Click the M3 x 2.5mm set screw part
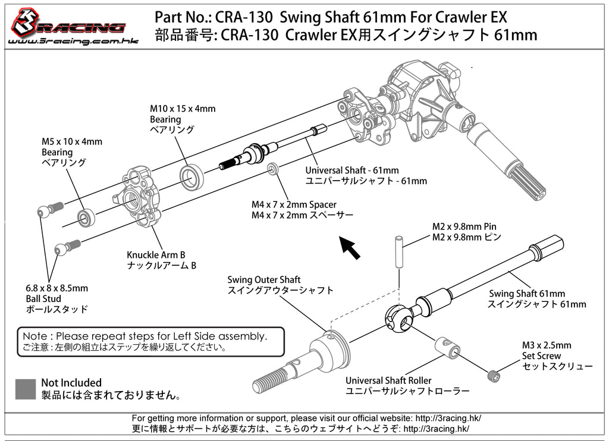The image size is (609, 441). click(492, 376)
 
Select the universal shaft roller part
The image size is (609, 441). click(447, 346)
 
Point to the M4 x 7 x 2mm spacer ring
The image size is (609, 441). click(273, 169)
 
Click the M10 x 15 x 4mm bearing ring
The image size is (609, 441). click(192, 177)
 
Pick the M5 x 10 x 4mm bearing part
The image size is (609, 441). click(87, 216)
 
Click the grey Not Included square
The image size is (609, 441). click(26, 389)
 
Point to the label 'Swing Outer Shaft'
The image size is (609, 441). click(263, 279)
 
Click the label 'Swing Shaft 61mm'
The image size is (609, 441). click(527, 294)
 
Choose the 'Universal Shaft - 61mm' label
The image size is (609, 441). click(351, 171)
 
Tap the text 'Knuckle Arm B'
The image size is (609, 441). click(153, 254)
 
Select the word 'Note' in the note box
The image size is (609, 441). click(35, 336)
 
